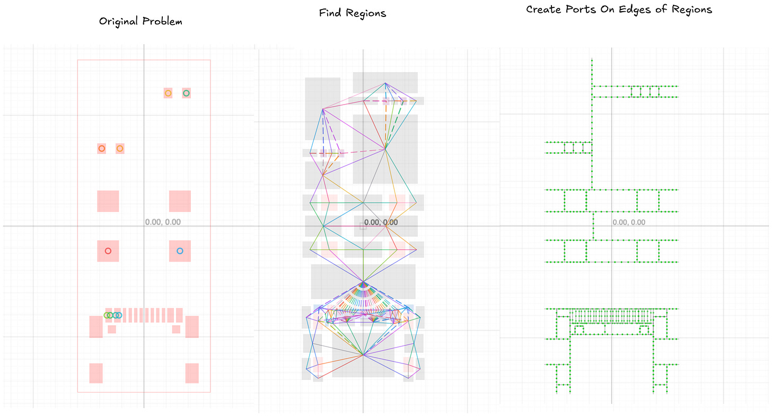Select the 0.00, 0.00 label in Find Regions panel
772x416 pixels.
coord(381,222)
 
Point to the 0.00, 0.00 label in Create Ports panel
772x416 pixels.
coord(629,222)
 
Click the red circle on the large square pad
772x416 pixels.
coord(108,251)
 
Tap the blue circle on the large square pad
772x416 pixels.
coord(180,251)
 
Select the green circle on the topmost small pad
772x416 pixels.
coord(186,93)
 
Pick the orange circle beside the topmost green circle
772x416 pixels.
coord(168,93)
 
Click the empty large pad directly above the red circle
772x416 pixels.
coord(108,201)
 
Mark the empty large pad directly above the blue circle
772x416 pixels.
coord(180,201)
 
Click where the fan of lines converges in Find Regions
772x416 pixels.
coord(363,282)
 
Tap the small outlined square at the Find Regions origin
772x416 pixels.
coord(363,226)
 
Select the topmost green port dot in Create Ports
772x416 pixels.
coord(592,59)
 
